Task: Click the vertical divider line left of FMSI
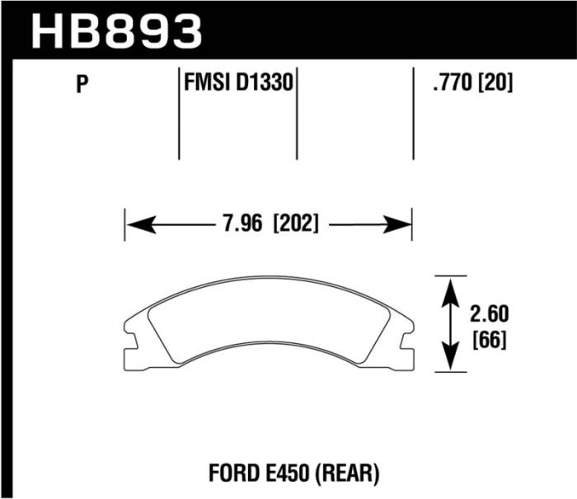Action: tap(180, 115)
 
